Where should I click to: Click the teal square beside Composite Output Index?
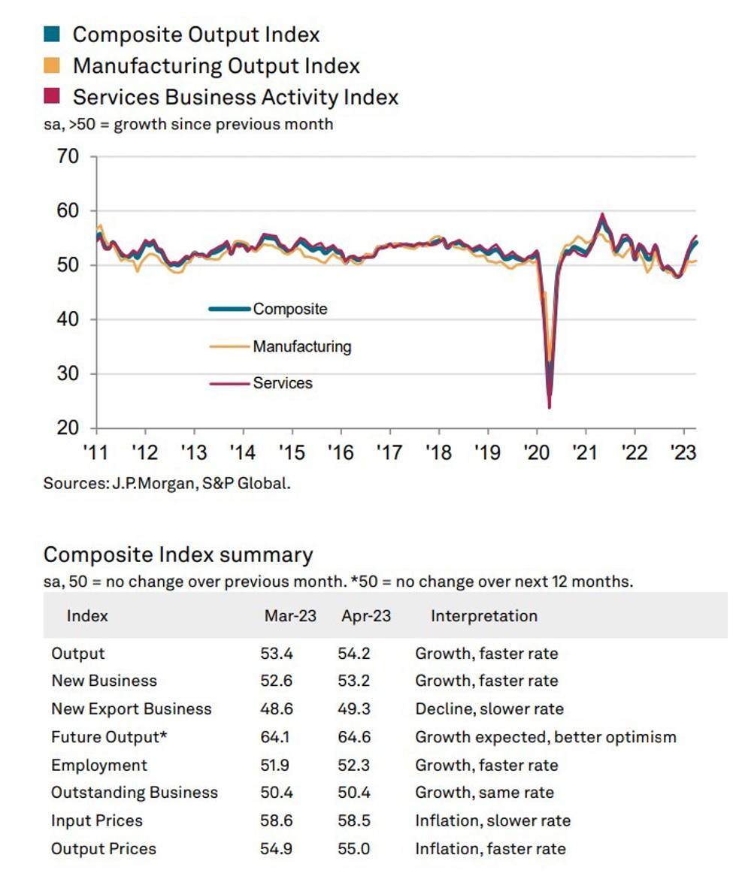[52, 35]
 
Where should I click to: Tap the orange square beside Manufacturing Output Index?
[52, 66]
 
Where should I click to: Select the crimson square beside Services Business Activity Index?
[52, 97]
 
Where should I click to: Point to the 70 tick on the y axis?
[67, 157]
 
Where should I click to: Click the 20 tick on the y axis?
[67, 428]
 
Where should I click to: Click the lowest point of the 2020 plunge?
[550, 406]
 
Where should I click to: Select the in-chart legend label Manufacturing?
[301, 346]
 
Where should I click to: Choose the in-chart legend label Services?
[282, 383]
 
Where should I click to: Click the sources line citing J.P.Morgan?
[167, 484]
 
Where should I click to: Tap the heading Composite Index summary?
[178, 555]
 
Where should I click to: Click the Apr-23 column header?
[366, 616]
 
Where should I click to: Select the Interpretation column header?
[483, 616]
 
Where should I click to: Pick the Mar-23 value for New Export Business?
[277, 709]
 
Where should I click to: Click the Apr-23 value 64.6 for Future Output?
[354, 737]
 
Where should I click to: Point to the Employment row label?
[99, 766]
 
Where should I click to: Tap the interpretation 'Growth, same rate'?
[484, 793]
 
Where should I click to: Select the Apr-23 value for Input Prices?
[354, 821]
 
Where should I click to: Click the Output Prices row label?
[104, 849]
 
